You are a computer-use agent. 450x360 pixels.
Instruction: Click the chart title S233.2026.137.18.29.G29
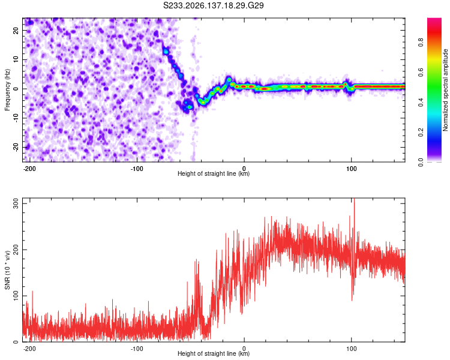pyautogui.click(x=213, y=5)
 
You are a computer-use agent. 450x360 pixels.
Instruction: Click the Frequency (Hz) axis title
pyautogui.click(x=7, y=90)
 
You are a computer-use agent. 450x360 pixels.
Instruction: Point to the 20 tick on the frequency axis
pyautogui.click(x=16, y=30)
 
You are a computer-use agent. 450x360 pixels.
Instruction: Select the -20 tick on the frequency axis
pyautogui.click(x=16, y=148)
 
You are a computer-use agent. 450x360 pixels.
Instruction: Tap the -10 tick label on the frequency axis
pyautogui.click(x=16, y=118)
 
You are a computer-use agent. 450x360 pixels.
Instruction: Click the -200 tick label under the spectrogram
pyautogui.click(x=29, y=169)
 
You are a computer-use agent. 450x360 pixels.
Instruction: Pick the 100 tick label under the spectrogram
pyautogui.click(x=351, y=169)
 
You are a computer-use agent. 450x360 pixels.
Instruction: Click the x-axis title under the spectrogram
pyautogui.click(x=214, y=173)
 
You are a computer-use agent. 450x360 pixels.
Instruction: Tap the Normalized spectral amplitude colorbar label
pyautogui.click(x=445, y=90)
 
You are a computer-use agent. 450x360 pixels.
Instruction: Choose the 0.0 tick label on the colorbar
pyautogui.click(x=421, y=162)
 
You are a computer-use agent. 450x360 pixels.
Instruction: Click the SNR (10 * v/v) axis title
pyautogui.click(x=7, y=270)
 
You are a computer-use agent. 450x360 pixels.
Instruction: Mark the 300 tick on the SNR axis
pyautogui.click(x=16, y=203)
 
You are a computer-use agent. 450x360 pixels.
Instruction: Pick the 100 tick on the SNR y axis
pyautogui.click(x=16, y=296)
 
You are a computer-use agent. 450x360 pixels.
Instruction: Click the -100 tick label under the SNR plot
pyautogui.click(x=137, y=349)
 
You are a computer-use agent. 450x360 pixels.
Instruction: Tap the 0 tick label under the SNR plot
pyautogui.click(x=244, y=349)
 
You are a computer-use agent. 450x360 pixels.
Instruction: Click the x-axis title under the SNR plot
pyautogui.click(x=214, y=353)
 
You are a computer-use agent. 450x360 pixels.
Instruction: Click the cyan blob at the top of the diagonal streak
pyautogui.click(x=166, y=52)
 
